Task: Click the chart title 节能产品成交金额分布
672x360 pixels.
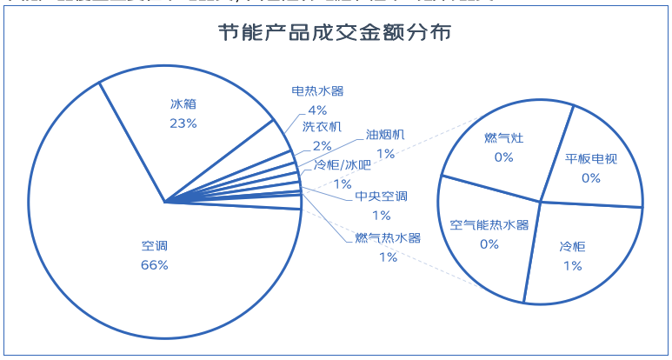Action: coord(334,36)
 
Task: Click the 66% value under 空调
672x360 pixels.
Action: coord(154,264)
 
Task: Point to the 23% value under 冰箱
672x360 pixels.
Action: coord(183,123)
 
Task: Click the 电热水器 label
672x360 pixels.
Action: coord(317,90)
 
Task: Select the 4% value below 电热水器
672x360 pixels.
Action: coord(317,110)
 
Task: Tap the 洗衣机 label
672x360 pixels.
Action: coord(322,127)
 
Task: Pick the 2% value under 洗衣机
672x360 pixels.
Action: coord(323,145)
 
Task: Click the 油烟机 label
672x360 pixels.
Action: coord(385,135)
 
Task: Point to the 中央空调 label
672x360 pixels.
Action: coord(381,197)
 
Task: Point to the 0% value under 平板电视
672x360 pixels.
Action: coord(591,177)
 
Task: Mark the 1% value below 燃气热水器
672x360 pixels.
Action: coord(388,257)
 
